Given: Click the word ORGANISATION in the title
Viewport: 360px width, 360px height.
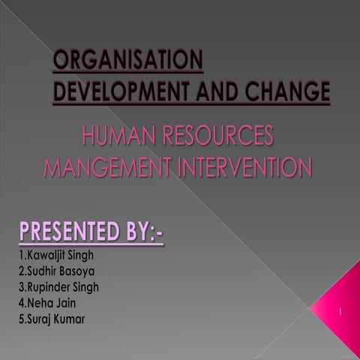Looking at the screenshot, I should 127,61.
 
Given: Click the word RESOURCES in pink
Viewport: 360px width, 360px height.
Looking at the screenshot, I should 223,136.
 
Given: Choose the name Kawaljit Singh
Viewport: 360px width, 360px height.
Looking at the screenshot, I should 57,256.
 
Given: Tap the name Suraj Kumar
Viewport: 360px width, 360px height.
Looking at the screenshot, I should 52,319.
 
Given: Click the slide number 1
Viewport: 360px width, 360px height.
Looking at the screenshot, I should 340,310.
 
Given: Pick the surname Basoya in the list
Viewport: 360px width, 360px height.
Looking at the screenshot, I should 79,271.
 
